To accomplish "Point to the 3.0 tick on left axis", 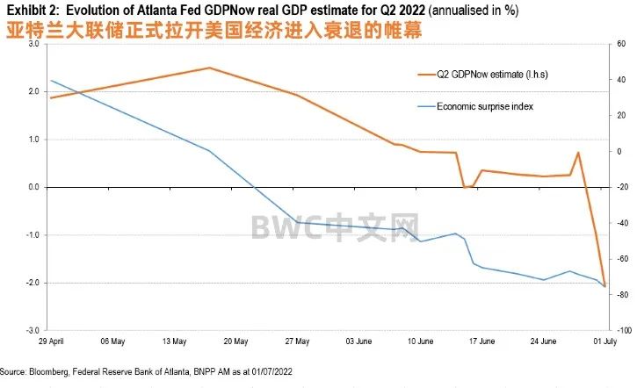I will click(x=33, y=43).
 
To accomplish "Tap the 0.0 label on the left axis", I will click(x=33, y=187).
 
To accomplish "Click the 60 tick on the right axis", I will click(x=620, y=43).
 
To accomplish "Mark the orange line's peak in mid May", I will click(x=209, y=68).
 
